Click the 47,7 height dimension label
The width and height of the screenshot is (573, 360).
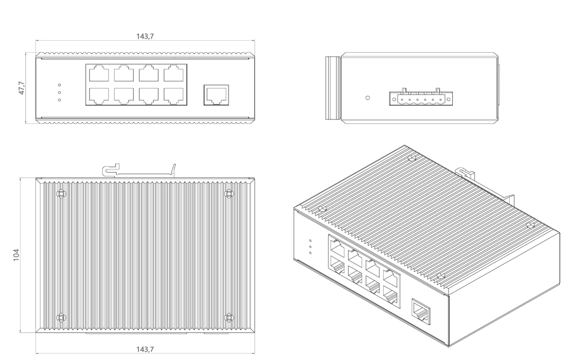[22, 88]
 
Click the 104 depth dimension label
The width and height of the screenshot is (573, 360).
[16, 255]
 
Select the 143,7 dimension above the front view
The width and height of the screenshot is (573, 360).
[145, 36]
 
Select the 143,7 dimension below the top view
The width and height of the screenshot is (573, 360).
[145, 349]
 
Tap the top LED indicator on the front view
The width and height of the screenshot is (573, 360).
[59, 85]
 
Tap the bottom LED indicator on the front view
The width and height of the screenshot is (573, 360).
[59, 100]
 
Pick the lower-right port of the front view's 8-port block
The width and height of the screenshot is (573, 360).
[173, 96]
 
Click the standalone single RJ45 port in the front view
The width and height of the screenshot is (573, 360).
[216, 95]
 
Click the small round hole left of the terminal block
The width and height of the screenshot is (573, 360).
[368, 98]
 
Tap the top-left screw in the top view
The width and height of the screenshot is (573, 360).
[61, 194]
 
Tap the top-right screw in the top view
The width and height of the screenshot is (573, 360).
[229, 194]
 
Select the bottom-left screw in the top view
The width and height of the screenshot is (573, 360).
[61, 317]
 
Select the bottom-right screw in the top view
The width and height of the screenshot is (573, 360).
[229, 317]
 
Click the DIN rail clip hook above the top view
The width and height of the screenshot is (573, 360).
[110, 170]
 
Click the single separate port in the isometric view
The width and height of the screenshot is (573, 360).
[421, 311]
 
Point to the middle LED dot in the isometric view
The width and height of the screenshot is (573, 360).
[310, 247]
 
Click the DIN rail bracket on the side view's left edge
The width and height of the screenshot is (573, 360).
[333, 88]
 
